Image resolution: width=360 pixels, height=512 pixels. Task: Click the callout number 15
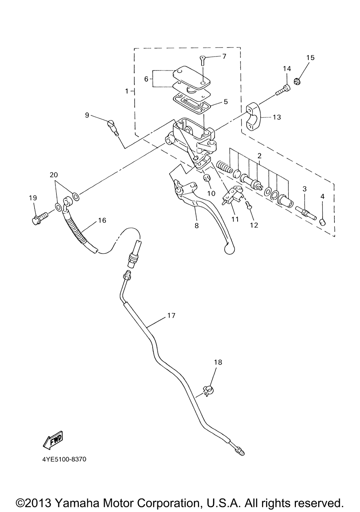(x=310, y=58)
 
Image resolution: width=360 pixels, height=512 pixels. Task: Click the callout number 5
(x=226, y=102)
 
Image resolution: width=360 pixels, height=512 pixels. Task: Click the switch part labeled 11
(x=233, y=195)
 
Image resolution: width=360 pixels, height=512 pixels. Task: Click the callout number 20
(x=54, y=175)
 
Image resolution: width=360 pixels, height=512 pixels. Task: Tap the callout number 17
(x=171, y=316)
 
